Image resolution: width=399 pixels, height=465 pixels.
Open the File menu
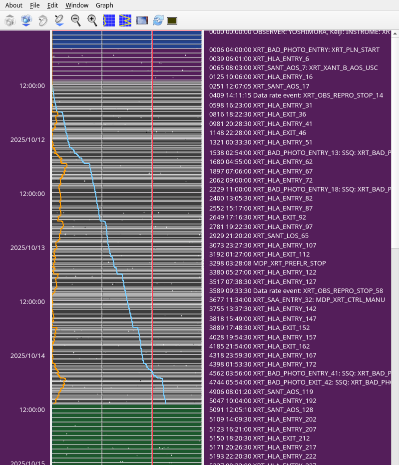click(34, 5)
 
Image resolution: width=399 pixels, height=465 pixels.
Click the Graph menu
click(104, 5)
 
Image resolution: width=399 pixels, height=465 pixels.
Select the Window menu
click(77, 5)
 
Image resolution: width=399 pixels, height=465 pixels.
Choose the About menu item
click(13, 5)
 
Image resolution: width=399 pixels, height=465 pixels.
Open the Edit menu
click(52, 5)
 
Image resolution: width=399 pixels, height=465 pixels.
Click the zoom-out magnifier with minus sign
click(76, 20)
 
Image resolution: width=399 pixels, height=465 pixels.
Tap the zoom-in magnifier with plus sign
click(92, 20)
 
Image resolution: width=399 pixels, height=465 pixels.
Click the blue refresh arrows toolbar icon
click(158, 20)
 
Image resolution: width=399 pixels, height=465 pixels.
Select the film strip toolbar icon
click(142, 20)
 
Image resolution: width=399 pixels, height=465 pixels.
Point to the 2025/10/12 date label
click(27, 140)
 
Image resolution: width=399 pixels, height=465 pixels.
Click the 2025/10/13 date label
click(27, 248)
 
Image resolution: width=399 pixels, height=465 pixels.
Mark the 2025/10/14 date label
click(27, 356)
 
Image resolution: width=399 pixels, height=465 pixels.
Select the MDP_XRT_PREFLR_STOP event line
click(268, 263)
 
